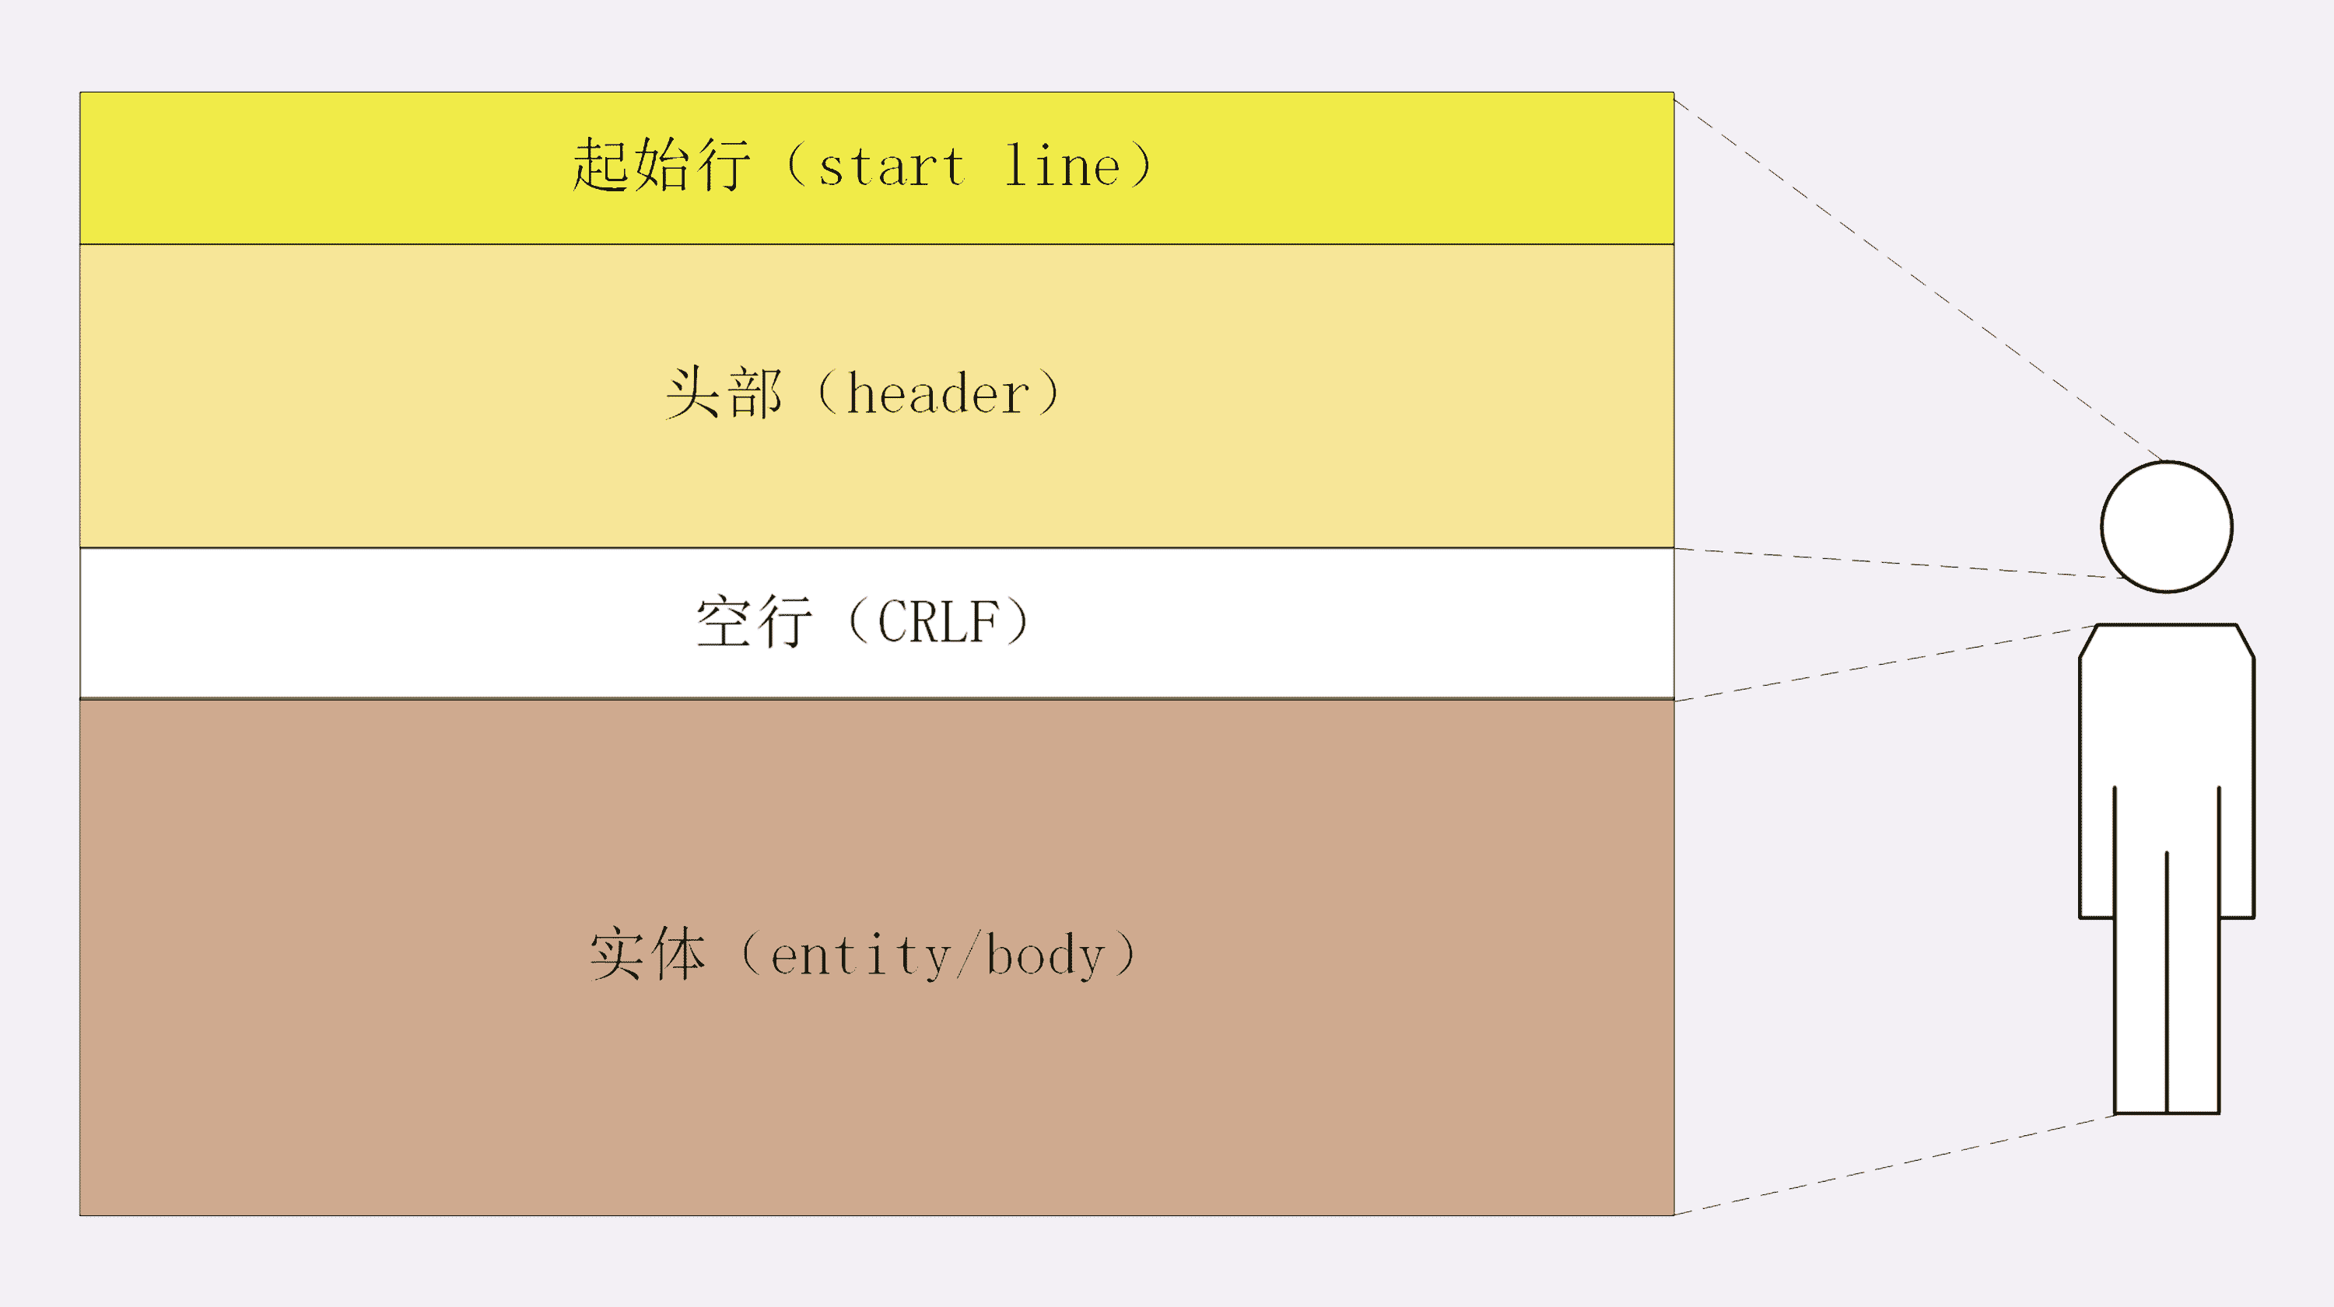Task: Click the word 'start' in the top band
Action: [892, 168]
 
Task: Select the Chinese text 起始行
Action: [661, 166]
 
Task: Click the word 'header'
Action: [937, 395]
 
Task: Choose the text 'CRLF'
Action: [937, 622]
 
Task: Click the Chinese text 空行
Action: [754, 622]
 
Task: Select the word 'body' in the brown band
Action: [1046, 956]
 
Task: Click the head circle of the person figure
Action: [2167, 527]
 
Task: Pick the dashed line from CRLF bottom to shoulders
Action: [1884, 663]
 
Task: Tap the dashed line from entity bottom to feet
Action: [1894, 1164]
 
